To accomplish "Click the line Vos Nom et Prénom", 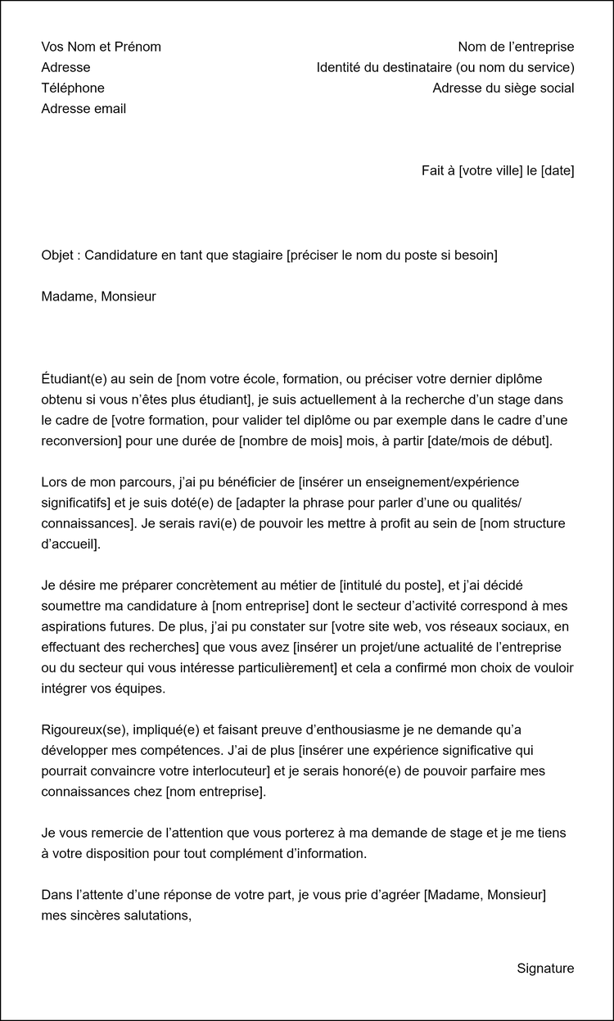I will click(x=101, y=47).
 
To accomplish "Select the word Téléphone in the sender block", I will click(x=73, y=88).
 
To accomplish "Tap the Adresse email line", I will click(x=84, y=109).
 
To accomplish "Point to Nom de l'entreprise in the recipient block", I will click(x=516, y=47).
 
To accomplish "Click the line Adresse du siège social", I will click(x=503, y=88).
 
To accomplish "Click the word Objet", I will click(x=57, y=255).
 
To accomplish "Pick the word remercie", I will click(x=115, y=833).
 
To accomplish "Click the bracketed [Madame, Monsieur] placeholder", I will click(x=485, y=895).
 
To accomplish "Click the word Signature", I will click(x=545, y=969).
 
